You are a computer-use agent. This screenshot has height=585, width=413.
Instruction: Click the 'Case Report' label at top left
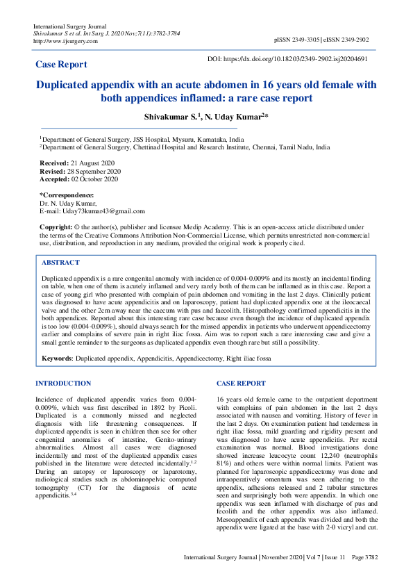tap(61, 65)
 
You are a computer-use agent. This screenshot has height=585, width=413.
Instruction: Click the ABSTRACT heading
tap(60, 263)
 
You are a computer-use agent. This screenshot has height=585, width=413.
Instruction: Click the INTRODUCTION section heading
tap(63, 384)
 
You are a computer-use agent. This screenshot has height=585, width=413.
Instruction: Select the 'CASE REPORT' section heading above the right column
tap(241, 384)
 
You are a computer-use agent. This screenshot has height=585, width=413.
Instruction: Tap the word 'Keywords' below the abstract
tap(57, 359)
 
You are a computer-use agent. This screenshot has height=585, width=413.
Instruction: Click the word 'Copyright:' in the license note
tap(56, 227)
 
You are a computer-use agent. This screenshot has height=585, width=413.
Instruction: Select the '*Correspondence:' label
tap(67, 195)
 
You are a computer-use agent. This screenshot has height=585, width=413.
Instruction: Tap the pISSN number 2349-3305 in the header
tap(304, 41)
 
